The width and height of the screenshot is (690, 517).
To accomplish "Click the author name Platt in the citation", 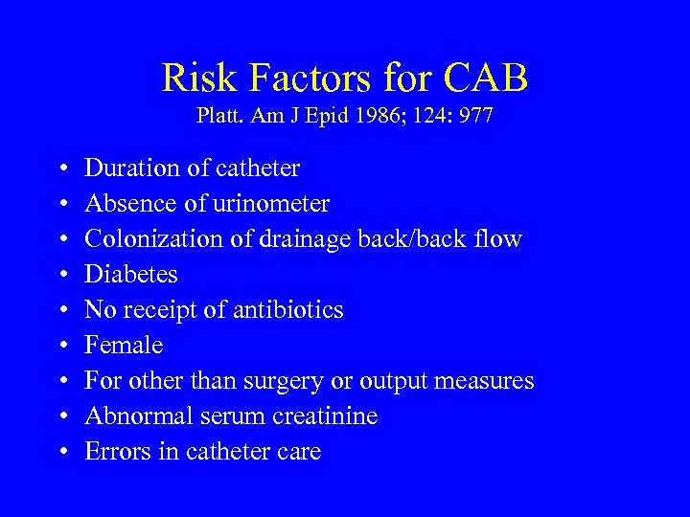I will tap(217, 117).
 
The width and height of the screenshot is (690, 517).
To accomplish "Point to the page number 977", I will tap(476, 117).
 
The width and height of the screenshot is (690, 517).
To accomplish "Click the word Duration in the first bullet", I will tap(129, 169).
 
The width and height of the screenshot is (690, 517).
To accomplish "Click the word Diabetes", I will tap(131, 275).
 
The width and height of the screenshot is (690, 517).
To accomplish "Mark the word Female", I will tap(124, 346).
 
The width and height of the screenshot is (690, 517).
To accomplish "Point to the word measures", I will tap(484, 381).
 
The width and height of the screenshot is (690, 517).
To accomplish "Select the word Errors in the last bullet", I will tap(114, 452).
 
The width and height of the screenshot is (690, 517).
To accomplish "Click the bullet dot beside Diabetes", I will tap(62, 276).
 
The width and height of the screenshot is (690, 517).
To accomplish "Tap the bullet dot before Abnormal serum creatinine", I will tap(62, 417).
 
